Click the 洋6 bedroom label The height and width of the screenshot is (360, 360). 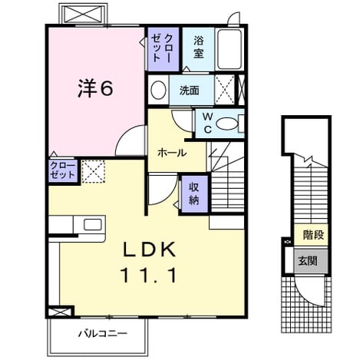(x=95, y=88)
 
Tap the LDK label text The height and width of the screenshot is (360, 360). (x=150, y=249)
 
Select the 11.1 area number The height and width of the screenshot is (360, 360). (x=150, y=275)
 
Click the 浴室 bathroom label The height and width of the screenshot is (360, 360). (x=199, y=47)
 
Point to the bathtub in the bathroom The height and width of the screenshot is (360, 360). (x=230, y=49)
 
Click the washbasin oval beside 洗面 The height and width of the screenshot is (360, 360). (x=158, y=90)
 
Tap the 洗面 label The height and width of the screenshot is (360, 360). (x=189, y=91)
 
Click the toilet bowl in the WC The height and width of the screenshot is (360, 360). (x=227, y=124)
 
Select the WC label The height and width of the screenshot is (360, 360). (x=208, y=124)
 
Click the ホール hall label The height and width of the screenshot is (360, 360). (x=172, y=153)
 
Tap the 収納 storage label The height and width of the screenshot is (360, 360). (x=194, y=193)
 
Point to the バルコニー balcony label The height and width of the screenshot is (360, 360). (x=103, y=334)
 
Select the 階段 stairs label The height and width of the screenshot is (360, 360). (x=313, y=235)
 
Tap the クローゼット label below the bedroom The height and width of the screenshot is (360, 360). (x=63, y=170)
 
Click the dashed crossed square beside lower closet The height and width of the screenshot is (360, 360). (x=93, y=171)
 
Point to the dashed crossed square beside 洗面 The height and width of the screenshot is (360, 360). (x=225, y=90)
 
